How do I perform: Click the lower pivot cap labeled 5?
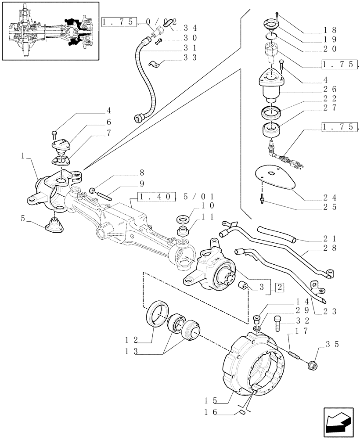(x=54, y=226)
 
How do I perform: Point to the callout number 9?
(x=141, y=184)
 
